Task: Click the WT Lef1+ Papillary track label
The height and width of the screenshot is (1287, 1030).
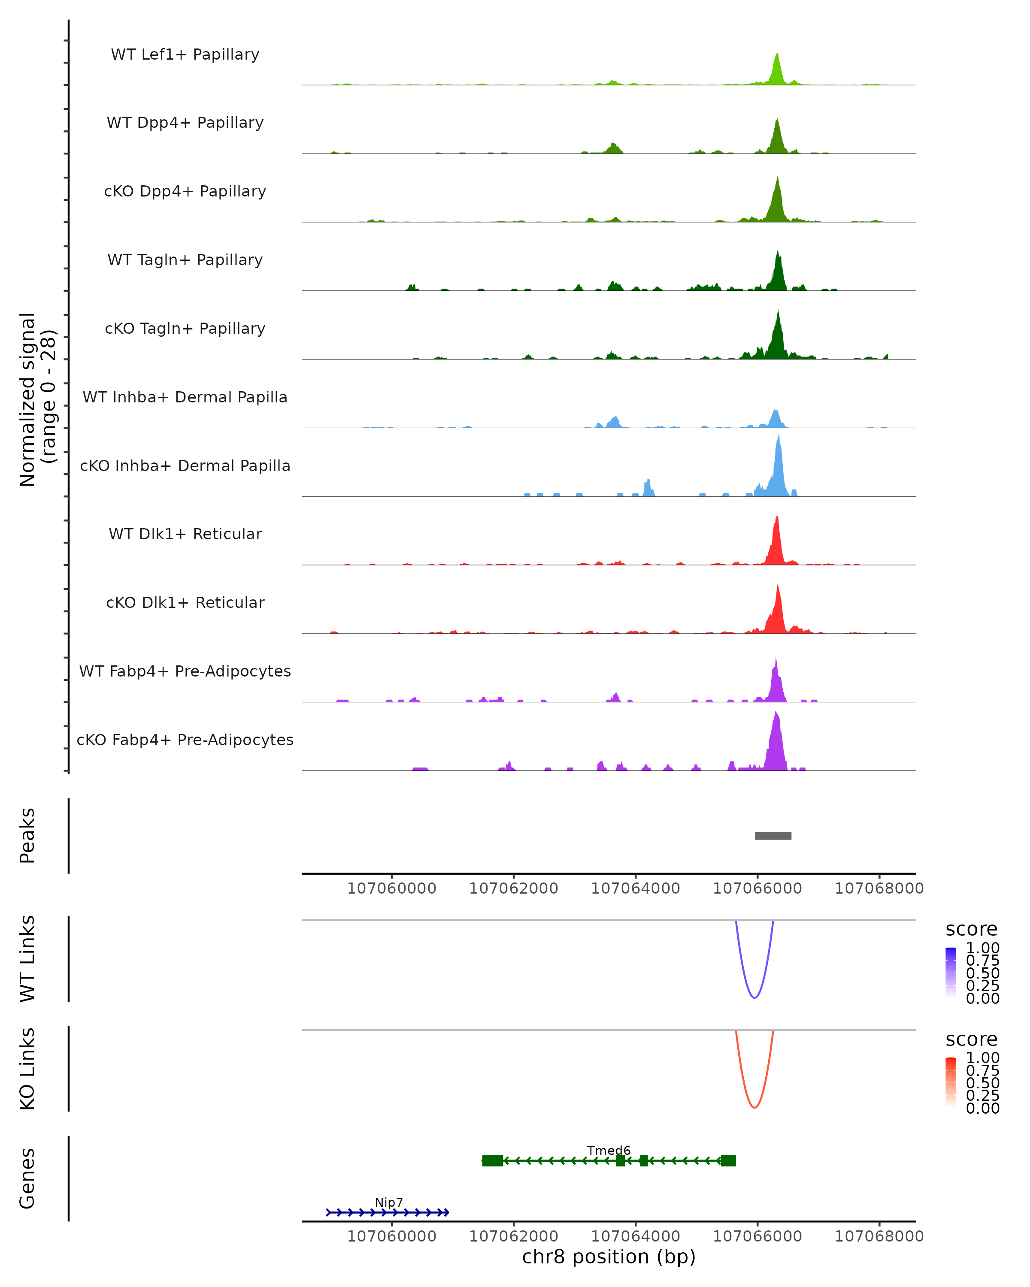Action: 185,54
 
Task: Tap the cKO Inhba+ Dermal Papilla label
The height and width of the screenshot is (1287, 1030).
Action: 185,465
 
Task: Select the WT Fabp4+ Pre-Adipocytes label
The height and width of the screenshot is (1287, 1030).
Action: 185,671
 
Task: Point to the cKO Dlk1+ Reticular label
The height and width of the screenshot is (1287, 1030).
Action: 185,602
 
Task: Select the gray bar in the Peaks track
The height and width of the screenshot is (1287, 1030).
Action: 772,836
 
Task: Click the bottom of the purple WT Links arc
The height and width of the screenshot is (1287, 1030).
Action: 754,997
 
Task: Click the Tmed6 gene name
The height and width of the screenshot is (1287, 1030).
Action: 609,1150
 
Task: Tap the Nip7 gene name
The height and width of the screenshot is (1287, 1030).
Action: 389,1202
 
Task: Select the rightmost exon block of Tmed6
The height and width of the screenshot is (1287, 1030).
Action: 728,1160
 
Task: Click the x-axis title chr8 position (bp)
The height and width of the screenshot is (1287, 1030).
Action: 609,1257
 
